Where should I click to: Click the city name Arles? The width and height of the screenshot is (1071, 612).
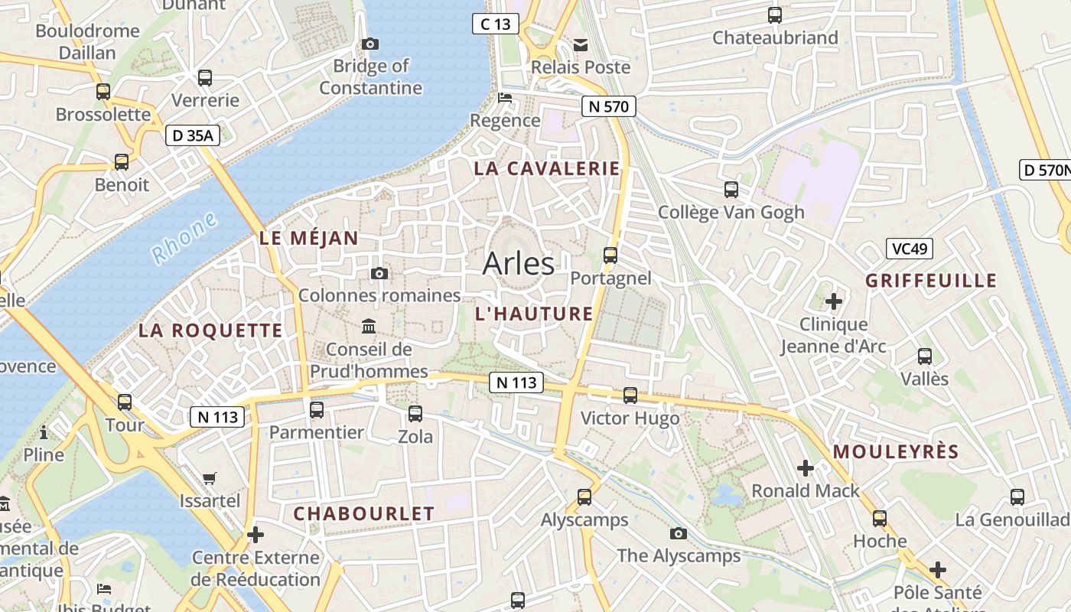pos(518,264)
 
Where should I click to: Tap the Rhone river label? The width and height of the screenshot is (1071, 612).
pos(184,239)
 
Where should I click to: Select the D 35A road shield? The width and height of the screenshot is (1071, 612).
pos(193,136)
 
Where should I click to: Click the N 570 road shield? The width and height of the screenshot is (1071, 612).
pos(609,106)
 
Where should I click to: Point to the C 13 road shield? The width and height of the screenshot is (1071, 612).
pos(495,24)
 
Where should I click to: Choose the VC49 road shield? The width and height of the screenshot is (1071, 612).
pos(910,249)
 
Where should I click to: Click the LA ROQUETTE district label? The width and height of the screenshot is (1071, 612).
pos(210,330)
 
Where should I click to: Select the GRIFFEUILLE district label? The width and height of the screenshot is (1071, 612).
pos(931,281)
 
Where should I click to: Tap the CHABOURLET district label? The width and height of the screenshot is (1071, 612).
pos(364,514)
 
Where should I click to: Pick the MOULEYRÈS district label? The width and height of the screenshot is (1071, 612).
pos(896,452)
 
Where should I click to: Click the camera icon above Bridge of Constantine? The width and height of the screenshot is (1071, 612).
pos(370,44)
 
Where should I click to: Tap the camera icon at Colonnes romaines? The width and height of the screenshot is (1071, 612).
pos(379,273)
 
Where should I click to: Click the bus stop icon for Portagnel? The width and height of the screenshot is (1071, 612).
pos(610,256)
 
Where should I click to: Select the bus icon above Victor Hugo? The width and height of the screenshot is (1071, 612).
pos(630,396)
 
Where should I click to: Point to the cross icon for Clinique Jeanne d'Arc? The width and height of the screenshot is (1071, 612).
pos(834,301)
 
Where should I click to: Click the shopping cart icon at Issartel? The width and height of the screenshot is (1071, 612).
pos(210,479)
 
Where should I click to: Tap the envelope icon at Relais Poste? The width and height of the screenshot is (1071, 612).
pos(581,45)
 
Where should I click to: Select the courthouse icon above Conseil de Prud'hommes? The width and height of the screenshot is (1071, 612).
pos(369,327)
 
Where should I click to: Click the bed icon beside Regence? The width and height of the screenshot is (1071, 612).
pos(505,98)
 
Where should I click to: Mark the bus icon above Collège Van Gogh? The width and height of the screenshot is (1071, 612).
pos(731,190)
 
